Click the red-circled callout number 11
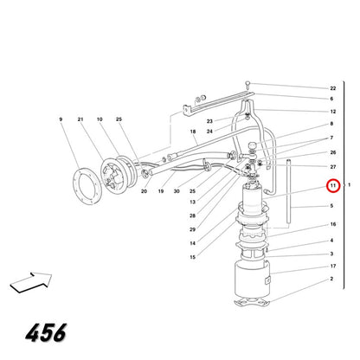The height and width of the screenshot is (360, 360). (333, 185)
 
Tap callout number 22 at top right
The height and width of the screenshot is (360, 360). (333, 88)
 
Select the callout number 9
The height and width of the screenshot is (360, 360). (61, 119)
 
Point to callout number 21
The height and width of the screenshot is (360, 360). (80, 119)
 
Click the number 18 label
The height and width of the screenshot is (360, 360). (193, 132)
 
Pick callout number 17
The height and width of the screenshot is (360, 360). (333, 267)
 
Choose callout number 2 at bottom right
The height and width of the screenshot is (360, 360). (331, 279)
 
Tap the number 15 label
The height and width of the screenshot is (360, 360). (193, 257)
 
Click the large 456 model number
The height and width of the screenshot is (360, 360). (46, 332)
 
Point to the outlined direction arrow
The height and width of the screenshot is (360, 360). (31, 282)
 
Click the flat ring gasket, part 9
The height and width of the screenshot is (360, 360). (87, 187)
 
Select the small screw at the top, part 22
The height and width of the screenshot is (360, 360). (247, 84)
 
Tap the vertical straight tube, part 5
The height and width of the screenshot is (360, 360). (288, 191)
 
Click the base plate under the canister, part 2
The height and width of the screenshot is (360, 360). (252, 302)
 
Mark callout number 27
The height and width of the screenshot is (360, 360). (333, 167)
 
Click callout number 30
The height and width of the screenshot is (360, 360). (177, 191)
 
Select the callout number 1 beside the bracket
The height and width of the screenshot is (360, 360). (349, 185)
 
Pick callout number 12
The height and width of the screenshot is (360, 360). (333, 112)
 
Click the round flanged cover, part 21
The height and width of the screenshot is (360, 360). (114, 177)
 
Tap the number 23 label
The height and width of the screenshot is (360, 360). (209, 121)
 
